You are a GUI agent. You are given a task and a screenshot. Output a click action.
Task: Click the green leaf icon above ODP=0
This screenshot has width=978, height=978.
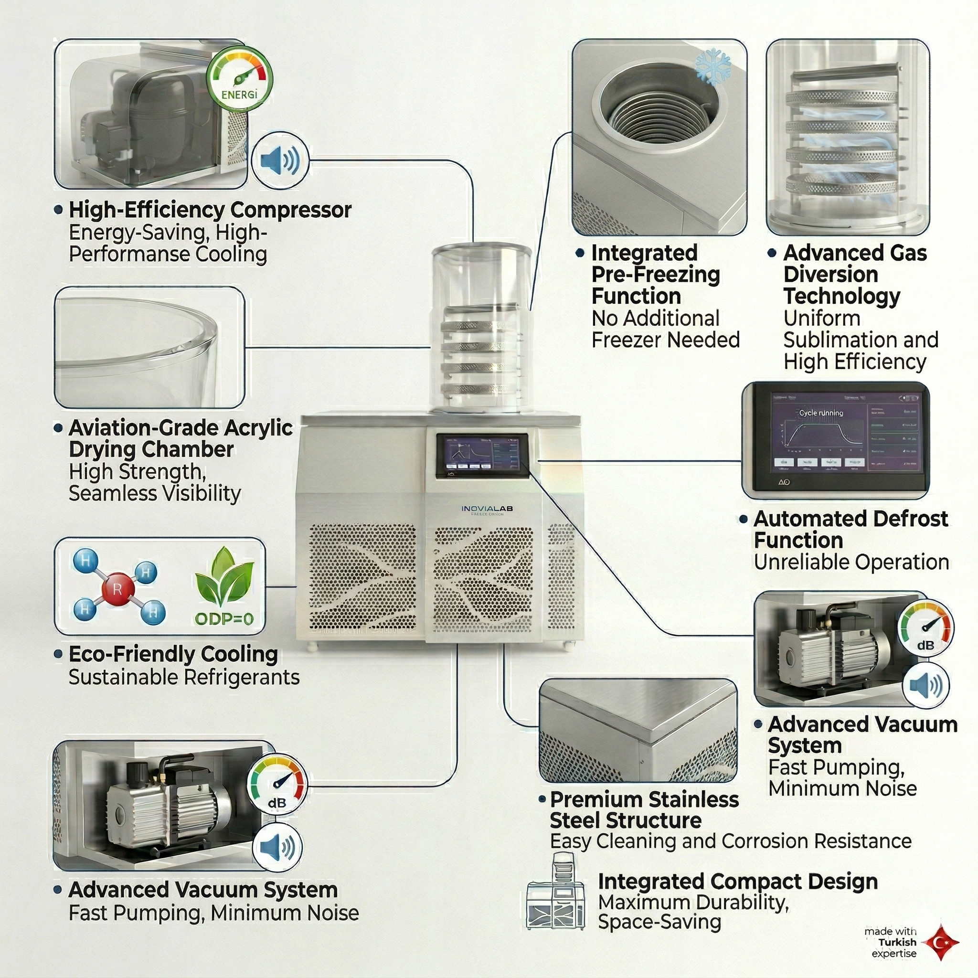click(224, 577)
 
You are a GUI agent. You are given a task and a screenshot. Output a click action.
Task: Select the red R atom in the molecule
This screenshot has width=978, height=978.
click(117, 589)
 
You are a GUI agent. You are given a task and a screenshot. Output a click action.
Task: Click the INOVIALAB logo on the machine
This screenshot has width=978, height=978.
click(487, 508)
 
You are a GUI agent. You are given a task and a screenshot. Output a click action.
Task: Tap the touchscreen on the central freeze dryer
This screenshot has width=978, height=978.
click(482, 455)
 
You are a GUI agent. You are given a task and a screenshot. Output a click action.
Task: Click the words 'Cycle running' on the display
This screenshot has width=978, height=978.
click(820, 413)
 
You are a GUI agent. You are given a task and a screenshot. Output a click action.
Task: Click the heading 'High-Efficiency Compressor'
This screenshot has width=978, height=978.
click(210, 210)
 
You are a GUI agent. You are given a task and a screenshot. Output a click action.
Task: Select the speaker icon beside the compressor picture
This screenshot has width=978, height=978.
click(279, 161)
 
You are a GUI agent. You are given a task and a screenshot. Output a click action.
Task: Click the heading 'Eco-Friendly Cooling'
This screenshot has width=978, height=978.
click(173, 654)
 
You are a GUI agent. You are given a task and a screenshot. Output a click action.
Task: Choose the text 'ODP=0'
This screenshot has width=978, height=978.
click(224, 618)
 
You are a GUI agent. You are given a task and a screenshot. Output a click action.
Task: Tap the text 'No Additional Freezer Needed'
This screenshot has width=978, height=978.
click(665, 329)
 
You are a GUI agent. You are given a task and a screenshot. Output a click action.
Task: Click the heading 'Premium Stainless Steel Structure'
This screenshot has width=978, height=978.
click(644, 810)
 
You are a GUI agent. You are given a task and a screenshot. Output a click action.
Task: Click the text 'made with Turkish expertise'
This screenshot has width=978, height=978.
click(891, 943)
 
